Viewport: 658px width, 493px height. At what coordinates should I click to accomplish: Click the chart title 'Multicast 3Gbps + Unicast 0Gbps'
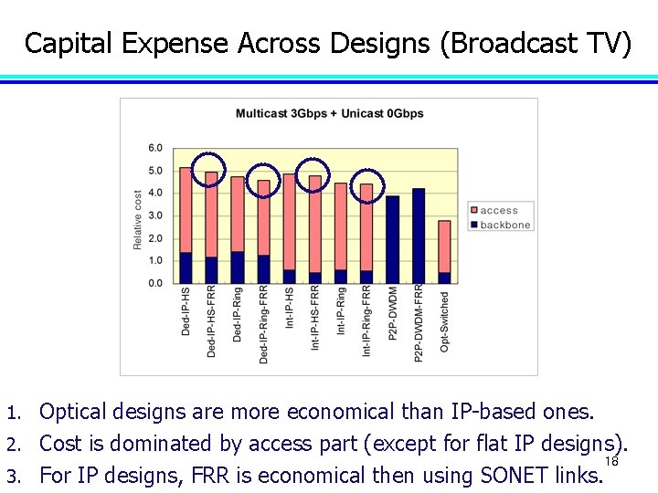click(329, 114)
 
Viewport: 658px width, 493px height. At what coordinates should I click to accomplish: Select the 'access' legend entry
click(498, 210)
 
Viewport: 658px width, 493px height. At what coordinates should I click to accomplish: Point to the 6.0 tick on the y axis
click(155, 148)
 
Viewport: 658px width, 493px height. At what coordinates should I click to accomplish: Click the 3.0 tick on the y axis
click(155, 215)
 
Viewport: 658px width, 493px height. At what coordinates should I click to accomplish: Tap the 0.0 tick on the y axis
click(155, 283)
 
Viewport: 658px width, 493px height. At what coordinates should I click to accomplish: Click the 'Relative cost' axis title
click(138, 219)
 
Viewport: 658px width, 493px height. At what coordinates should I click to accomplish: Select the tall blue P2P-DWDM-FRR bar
click(419, 236)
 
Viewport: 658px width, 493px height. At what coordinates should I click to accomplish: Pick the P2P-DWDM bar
click(393, 239)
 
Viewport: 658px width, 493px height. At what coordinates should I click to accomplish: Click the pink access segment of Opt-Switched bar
click(444, 246)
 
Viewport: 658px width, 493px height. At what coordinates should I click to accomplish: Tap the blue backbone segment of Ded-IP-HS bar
click(186, 267)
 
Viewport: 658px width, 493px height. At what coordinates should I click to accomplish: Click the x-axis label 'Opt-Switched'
click(445, 321)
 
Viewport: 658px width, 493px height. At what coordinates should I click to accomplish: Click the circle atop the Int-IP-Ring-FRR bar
click(369, 184)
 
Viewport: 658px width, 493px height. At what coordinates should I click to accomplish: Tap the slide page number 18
click(611, 462)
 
